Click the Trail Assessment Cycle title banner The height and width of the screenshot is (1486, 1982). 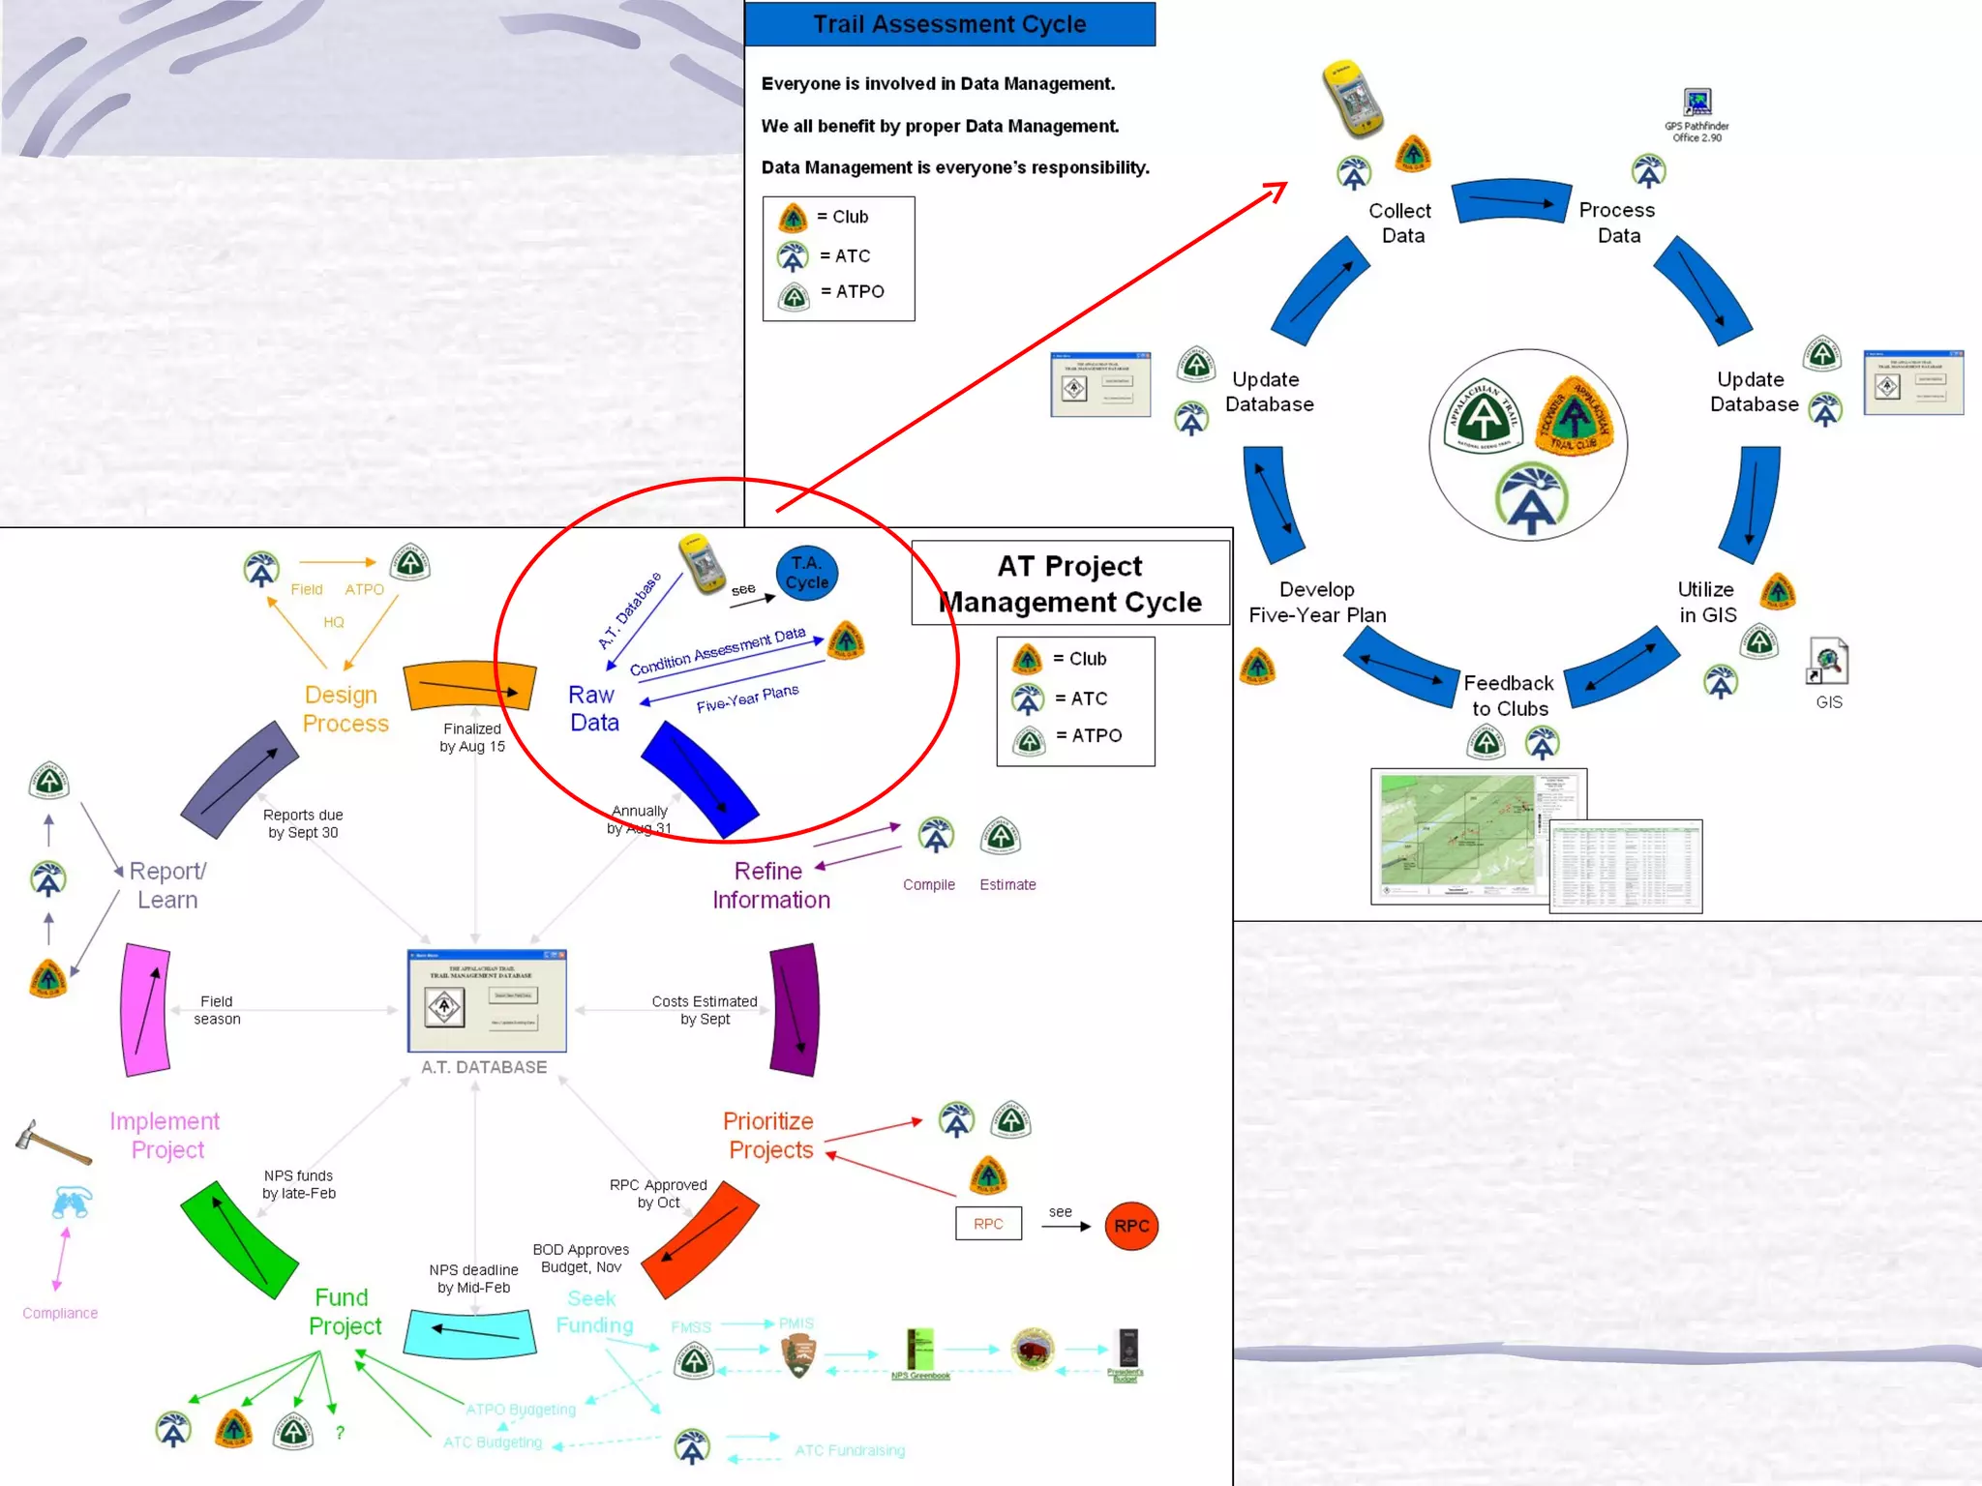tap(949, 24)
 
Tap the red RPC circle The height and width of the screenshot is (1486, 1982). tap(1130, 1226)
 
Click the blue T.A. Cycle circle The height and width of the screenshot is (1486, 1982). tap(807, 573)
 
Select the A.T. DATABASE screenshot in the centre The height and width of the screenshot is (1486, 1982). tap(487, 1001)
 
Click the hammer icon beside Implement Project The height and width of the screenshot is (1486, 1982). tap(52, 1142)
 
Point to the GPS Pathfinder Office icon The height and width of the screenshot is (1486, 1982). tap(1697, 103)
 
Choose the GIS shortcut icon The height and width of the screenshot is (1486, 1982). tap(1828, 663)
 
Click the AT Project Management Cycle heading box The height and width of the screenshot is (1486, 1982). tap(1070, 583)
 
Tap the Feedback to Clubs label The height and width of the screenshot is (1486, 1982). tap(1509, 696)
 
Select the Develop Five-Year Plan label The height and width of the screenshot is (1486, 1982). tap(1317, 602)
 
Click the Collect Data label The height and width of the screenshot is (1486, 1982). tap(1400, 223)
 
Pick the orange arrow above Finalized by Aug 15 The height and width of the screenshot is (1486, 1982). tap(470, 687)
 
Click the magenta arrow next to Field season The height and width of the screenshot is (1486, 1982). tap(146, 1010)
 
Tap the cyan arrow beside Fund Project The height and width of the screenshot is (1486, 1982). tap(470, 1333)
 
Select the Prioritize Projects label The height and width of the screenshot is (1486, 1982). tap(769, 1135)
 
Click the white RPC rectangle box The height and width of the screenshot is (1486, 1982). tap(988, 1224)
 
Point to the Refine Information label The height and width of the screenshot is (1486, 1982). tap(770, 885)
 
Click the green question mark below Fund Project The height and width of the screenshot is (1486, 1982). tap(340, 1433)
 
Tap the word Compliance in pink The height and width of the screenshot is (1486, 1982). tap(60, 1313)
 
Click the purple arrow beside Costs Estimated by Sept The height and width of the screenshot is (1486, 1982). tap(795, 1010)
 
